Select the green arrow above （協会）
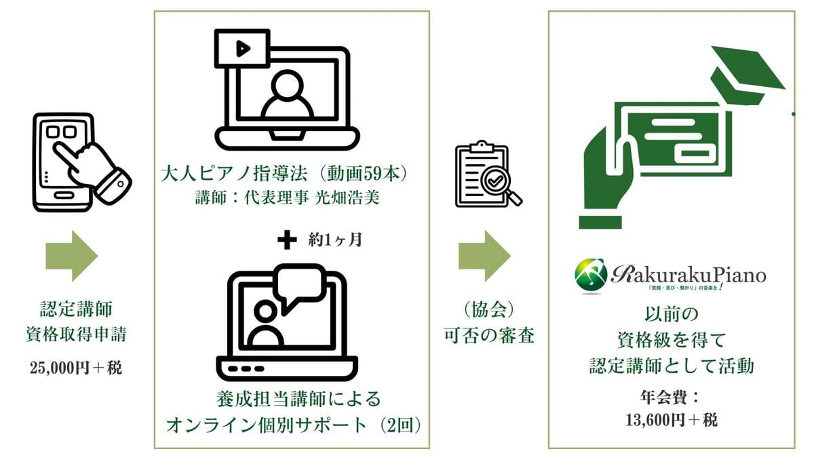(x=484, y=255)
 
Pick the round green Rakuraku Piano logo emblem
(x=591, y=274)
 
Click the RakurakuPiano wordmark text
(x=688, y=274)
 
